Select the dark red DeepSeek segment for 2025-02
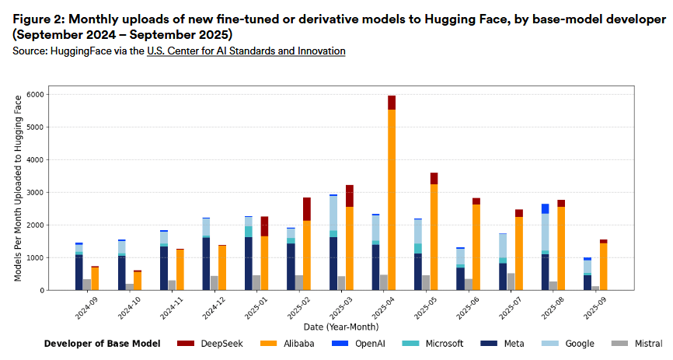click(307, 209)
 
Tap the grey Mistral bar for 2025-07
click(510, 281)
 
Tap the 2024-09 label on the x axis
click(83, 308)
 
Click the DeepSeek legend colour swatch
click(186, 344)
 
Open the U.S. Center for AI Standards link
click(246, 51)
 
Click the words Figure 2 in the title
click(40, 19)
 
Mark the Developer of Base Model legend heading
click(102, 344)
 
